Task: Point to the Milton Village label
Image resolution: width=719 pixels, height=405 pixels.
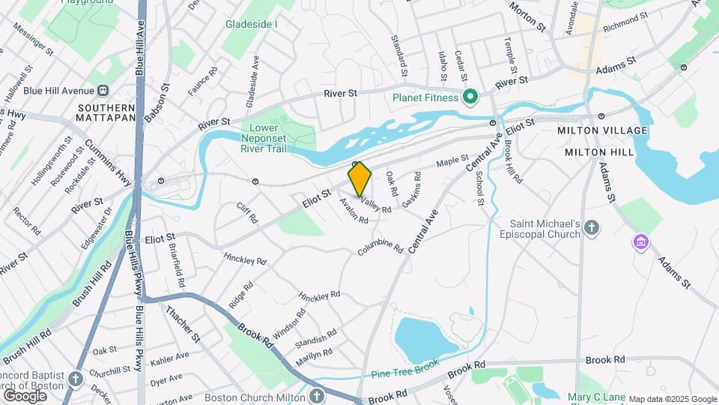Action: coord(602,130)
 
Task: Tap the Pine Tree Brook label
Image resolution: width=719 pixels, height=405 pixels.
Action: coord(405,370)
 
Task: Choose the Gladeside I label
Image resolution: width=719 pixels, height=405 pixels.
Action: coord(252,24)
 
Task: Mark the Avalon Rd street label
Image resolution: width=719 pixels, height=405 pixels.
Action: coord(354,211)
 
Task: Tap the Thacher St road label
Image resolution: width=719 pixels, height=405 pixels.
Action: coord(183,324)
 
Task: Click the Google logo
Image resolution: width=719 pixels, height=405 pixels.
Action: coord(25,395)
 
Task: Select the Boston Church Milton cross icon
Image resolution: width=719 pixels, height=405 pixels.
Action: coord(317,395)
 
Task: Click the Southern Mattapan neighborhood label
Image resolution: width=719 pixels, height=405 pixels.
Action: coord(106,112)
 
